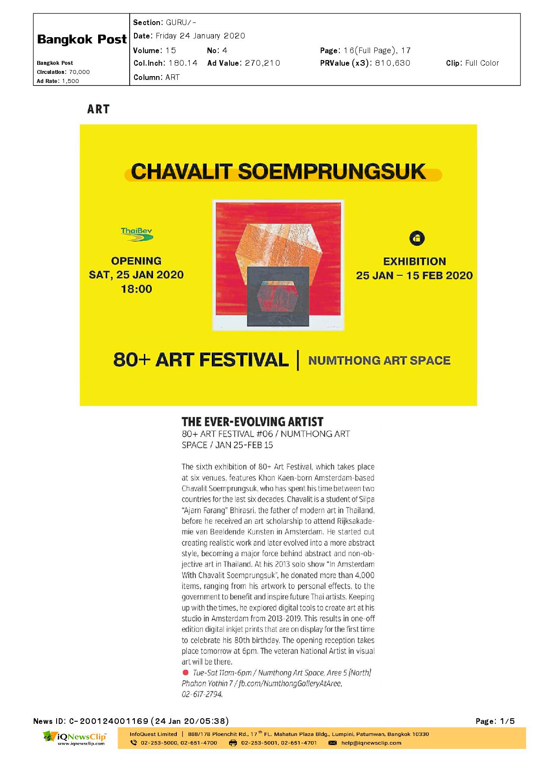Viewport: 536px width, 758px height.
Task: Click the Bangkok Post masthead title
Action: [x=82, y=39]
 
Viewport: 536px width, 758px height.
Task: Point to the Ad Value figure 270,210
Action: [x=262, y=63]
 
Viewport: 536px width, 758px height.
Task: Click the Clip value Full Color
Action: [x=482, y=63]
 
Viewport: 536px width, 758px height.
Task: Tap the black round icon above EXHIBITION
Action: [x=417, y=238]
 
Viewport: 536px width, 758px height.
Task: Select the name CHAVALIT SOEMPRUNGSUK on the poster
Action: [x=279, y=172]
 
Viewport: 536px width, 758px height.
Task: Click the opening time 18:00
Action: [x=136, y=289]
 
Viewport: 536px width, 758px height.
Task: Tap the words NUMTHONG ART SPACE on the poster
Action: [x=379, y=360]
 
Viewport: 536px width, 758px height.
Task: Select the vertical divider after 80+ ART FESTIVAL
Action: [x=298, y=360]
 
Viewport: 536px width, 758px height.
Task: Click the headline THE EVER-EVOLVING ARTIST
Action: [x=252, y=421]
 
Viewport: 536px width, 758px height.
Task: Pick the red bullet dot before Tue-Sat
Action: [x=185, y=672]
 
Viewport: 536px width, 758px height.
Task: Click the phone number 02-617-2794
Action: [x=202, y=694]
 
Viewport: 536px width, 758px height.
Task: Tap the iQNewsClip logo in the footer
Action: [x=74, y=738]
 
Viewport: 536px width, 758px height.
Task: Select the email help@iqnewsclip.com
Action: [x=371, y=743]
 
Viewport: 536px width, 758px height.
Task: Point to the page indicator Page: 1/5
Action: [x=495, y=721]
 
